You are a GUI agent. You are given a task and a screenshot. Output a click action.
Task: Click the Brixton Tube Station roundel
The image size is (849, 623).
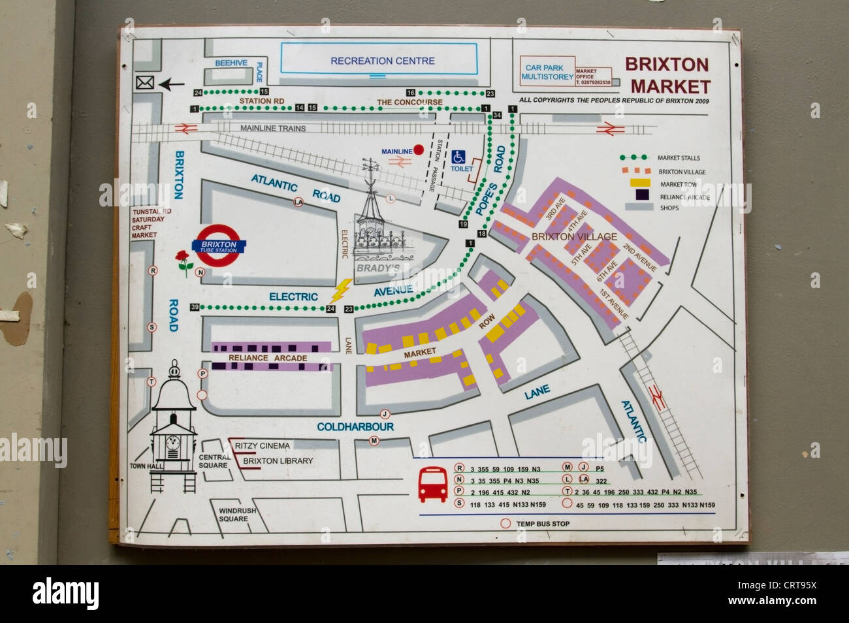[218, 246]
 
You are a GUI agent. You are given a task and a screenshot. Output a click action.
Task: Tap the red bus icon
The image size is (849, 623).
[432, 485]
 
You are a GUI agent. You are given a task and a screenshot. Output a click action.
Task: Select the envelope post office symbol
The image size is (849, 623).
[144, 83]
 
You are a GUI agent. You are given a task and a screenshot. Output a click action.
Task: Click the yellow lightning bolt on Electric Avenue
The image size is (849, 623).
[342, 290]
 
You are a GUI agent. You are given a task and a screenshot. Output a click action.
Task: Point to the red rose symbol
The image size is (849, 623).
[185, 262]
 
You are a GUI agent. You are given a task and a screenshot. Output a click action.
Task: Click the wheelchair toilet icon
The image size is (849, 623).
[459, 157]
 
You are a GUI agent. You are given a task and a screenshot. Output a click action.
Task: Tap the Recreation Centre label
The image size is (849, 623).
[382, 61]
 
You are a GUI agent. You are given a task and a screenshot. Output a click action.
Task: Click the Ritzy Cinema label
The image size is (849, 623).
[262, 445]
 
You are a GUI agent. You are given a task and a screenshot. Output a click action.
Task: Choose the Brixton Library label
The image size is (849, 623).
[278, 460]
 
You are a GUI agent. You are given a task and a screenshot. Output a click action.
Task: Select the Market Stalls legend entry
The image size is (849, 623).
[678, 158]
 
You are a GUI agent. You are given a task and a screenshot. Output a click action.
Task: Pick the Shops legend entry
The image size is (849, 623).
[669, 208]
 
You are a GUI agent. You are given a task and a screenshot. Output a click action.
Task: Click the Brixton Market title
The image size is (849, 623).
[668, 75]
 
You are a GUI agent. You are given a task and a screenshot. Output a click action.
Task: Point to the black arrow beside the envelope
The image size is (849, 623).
[171, 84]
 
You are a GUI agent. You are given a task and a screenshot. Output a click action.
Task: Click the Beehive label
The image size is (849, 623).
[231, 63]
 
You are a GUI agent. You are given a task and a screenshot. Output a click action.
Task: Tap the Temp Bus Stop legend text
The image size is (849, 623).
[542, 524]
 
